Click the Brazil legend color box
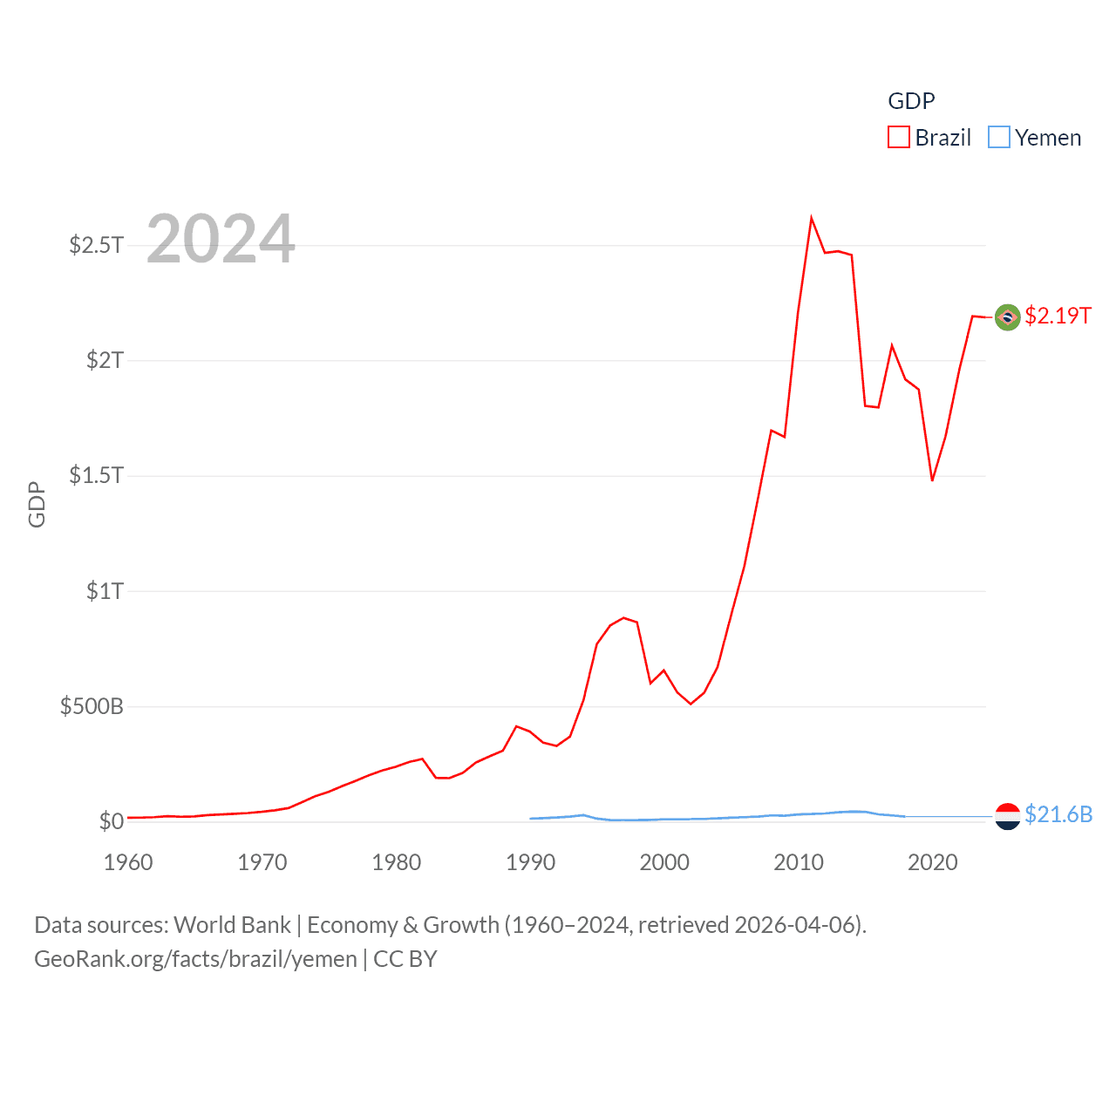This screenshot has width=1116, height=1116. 899,138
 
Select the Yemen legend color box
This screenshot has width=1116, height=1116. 999,138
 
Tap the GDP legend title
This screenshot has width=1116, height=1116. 911,101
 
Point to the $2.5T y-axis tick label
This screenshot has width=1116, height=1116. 97,245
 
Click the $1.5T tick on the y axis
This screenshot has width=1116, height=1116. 97,475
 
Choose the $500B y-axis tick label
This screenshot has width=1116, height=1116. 92,706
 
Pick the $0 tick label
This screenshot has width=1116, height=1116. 112,821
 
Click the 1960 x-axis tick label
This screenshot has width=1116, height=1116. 128,862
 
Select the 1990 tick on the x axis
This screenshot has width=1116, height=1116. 530,862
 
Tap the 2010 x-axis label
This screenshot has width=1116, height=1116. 799,862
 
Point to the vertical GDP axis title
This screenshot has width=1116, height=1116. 37,504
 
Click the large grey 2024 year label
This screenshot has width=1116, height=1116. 221,239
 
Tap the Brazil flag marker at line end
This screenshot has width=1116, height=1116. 1008,317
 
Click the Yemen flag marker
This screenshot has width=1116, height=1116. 1008,816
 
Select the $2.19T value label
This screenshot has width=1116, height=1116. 1058,316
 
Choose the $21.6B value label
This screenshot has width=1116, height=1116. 1058,814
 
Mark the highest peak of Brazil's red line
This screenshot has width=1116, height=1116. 812,218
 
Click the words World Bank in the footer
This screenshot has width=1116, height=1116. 232,925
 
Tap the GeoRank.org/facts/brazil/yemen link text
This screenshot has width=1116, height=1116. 195,959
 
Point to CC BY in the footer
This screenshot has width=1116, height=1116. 405,959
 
